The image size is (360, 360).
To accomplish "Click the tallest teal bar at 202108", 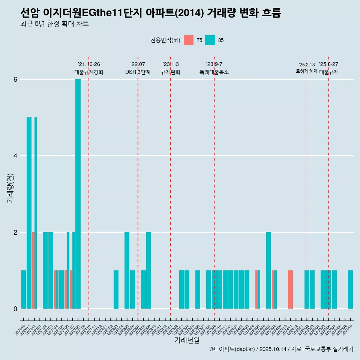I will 78,194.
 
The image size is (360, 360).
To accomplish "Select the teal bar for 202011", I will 29,213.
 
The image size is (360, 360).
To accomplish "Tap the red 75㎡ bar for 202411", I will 290,289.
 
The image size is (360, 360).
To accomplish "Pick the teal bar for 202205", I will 127,270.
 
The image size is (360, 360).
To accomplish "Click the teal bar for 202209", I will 148,270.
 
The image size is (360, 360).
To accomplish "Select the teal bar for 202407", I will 268,270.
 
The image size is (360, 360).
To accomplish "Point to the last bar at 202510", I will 350,289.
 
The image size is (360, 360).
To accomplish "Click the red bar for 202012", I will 33,270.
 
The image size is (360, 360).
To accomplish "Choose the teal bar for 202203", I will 116,289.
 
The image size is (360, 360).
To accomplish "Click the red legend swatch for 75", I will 189,40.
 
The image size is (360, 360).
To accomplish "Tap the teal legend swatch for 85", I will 210,40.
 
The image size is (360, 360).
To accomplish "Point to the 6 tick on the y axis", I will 15,79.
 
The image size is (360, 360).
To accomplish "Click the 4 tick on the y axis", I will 15,156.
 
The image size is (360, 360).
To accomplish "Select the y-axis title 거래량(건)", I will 10,188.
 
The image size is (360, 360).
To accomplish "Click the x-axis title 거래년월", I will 187,340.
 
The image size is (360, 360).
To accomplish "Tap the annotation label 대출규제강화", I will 89,72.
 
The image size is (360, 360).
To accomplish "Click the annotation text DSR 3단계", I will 138,72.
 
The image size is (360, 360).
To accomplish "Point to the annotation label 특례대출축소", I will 214,72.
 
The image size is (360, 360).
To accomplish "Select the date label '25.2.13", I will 306,65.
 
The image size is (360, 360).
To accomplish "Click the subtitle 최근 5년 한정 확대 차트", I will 55,24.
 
